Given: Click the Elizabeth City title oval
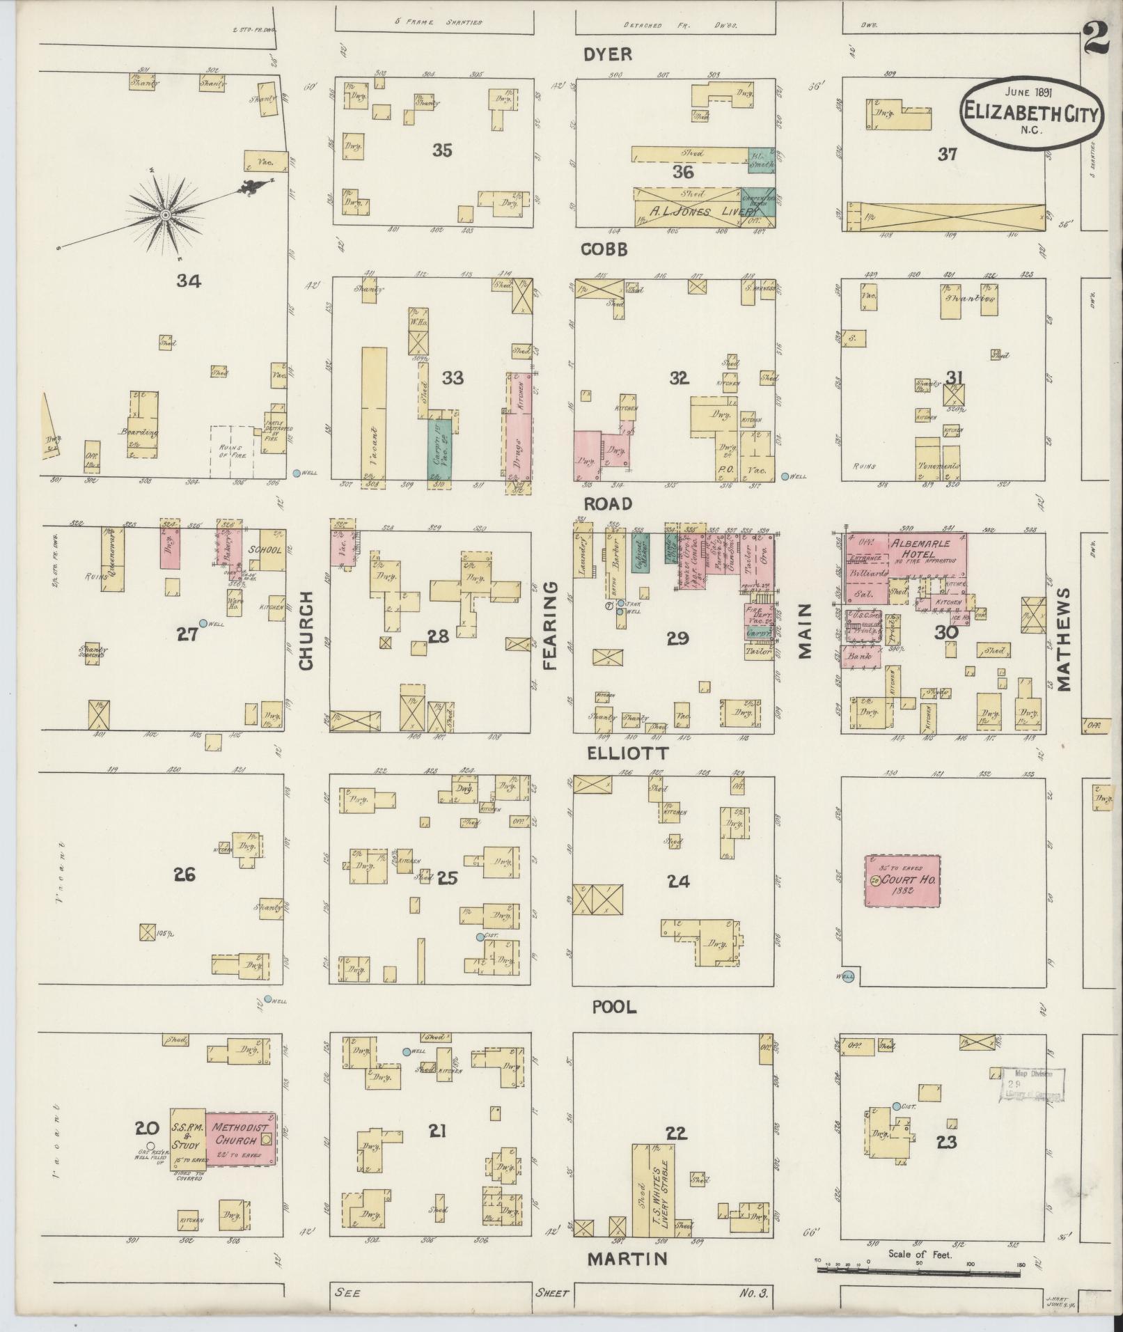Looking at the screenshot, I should pyautogui.click(x=1031, y=112).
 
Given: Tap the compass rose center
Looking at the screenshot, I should pyautogui.click(x=166, y=216).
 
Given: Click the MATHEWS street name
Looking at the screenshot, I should pyautogui.click(x=1063, y=638).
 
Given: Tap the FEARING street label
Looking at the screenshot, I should pyautogui.click(x=551, y=627).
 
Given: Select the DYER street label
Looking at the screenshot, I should pyautogui.click(x=607, y=54).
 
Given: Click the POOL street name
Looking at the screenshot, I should pyautogui.click(x=615, y=1007).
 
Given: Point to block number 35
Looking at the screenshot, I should pyautogui.click(x=442, y=150).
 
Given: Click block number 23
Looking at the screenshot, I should pyautogui.click(x=947, y=1142).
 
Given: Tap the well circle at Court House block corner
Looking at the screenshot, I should pyautogui.click(x=847, y=977).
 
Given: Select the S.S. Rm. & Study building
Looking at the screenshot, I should pyautogui.click(x=187, y=1138).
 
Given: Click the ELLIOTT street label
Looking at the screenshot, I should pyautogui.click(x=627, y=753).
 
